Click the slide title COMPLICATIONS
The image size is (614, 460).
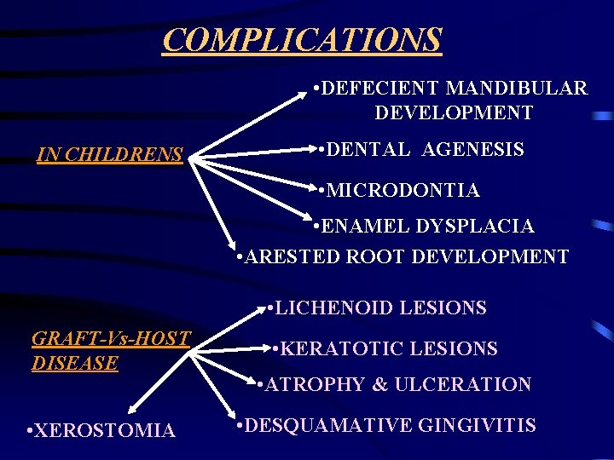click(302, 40)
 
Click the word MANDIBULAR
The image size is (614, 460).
click(517, 88)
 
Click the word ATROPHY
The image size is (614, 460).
click(315, 385)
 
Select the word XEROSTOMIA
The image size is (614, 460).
click(106, 431)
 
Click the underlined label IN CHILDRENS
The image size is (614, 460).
click(110, 155)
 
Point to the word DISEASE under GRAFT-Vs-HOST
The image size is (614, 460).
click(75, 363)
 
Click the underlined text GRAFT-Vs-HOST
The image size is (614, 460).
click(111, 338)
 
